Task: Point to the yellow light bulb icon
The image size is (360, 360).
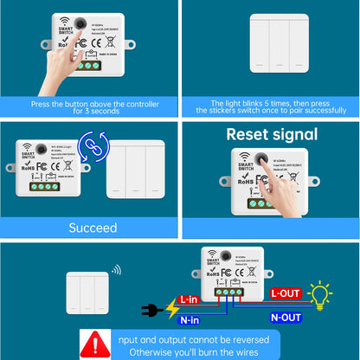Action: click(x=321, y=294)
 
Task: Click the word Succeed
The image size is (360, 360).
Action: click(x=93, y=228)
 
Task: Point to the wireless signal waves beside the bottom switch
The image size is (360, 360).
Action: click(x=117, y=270)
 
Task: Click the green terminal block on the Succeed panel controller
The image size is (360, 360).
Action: click(x=46, y=185)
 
